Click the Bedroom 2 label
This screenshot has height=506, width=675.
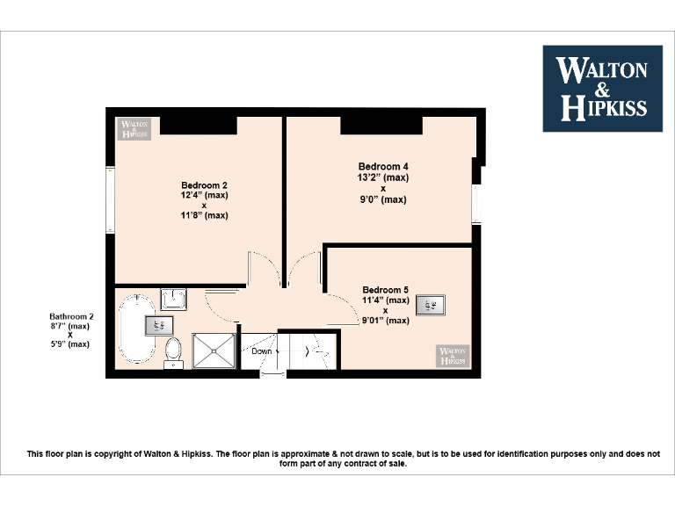204,185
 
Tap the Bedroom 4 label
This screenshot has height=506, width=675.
382,166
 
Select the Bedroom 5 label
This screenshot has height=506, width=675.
385,290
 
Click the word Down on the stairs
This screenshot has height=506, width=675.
262,351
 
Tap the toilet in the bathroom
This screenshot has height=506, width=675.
173,350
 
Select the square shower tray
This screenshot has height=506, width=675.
213,351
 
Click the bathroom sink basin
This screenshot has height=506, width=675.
173,300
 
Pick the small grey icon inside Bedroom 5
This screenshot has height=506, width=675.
431,305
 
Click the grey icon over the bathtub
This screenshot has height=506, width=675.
158,324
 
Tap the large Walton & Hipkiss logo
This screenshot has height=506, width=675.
602,88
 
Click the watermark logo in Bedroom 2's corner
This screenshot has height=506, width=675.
134,129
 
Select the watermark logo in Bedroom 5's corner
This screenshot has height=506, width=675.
453,356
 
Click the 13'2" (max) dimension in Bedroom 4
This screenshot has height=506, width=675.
382,177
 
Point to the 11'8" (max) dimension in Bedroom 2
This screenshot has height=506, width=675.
204,215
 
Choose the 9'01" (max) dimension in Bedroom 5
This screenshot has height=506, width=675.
385,321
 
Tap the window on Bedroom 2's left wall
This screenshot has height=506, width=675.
109,199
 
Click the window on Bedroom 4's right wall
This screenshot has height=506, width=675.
476,203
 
